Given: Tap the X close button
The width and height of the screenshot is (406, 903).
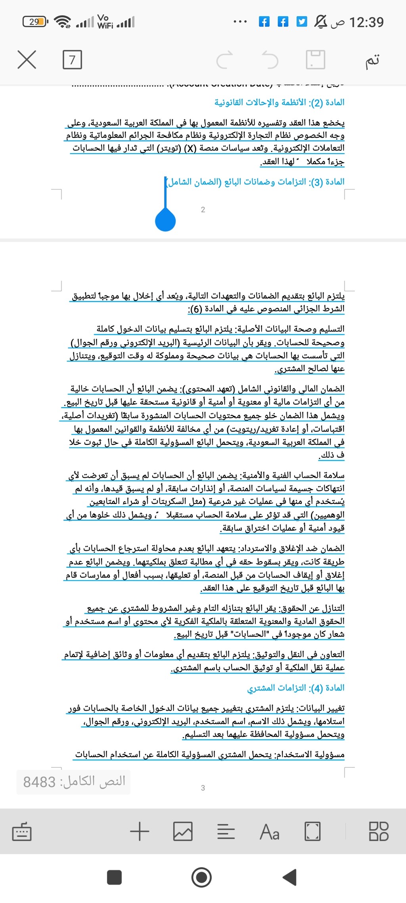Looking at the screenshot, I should point(27,60).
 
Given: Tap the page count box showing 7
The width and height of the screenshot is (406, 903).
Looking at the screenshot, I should point(72,60).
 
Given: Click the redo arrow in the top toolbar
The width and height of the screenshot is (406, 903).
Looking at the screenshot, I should point(225,60).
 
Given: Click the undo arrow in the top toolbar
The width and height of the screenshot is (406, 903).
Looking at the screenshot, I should point(270,60).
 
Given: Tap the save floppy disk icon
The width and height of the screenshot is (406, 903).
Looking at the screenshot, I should point(316,60).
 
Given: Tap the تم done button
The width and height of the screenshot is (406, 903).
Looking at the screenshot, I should point(372,60).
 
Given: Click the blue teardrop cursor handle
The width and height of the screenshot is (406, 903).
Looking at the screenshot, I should point(165,220).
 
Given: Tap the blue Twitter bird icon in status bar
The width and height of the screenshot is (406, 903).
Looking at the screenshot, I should point(302,21).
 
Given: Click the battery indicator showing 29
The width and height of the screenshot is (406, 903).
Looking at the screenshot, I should point(35,21).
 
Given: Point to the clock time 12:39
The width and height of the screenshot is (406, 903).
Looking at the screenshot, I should point(366,22).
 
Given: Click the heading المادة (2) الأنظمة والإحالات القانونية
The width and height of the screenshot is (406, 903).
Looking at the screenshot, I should point(279,102).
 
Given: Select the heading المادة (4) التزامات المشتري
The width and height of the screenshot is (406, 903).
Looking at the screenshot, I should point(295,688).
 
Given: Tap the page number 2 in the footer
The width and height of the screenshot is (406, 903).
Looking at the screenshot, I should point(203,209).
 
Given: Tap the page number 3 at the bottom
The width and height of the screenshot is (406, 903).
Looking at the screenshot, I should point(203,788).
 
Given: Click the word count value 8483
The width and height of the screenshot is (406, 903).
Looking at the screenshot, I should point(39,782).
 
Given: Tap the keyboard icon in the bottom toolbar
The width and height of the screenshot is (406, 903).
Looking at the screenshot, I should point(22,831).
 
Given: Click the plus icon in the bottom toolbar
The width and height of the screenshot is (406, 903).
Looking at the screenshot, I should point(140,831).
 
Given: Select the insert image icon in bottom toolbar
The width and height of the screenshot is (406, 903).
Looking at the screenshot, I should point(183,831).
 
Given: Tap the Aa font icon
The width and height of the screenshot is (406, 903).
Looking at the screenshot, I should point(270,831).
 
